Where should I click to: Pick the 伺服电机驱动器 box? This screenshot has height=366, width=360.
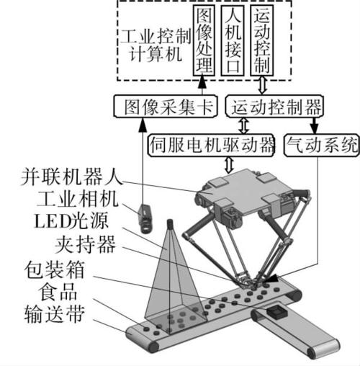pyautogui.click(x=210, y=146)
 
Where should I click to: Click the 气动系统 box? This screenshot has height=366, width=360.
pyautogui.click(x=321, y=146)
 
